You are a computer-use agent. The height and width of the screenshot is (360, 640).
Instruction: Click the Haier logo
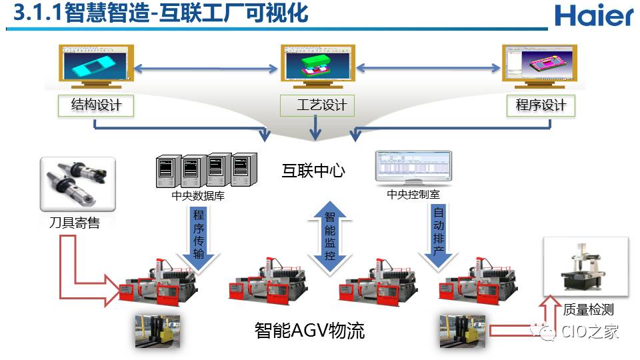click(x=593, y=16)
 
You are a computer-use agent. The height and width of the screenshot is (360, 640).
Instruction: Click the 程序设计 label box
click(x=541, y=105)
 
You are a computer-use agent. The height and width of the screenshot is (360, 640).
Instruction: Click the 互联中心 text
click(x=313, y=171)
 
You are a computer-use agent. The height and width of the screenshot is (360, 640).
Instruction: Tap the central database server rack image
click(x=206, y=171)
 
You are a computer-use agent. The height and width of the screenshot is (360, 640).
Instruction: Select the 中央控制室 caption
click(x=413, y=195)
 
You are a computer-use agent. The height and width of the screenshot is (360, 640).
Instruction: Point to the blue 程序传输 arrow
click(x=199, y=237)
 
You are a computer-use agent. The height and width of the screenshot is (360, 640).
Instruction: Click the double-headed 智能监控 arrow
click(x=329, y=237)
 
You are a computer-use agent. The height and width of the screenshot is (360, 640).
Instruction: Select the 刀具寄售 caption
click(x=74, y=223)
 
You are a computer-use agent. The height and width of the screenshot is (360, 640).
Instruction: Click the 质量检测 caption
click(x=588, y=309)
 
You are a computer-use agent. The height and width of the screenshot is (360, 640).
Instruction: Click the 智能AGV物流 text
click(x=309, y=331)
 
